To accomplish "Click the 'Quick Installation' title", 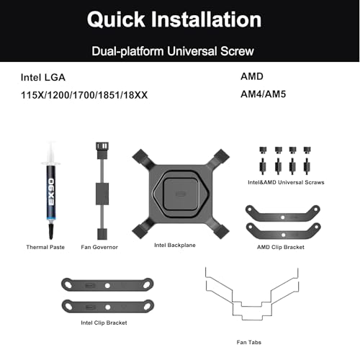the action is (174, 19).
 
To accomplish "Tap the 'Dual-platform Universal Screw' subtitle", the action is (173, 51).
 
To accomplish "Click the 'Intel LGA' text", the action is (43, 77).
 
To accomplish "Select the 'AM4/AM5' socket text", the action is (263, 94).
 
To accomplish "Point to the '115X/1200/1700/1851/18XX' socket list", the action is (84, 95).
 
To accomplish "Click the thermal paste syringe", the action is (51, 190).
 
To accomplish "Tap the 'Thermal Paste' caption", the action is (45, 247).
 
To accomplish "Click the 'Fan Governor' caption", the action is (99, 247).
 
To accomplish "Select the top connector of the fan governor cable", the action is (102, 150).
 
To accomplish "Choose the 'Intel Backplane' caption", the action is (175, 245).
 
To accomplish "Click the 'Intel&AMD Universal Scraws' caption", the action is (286, 182).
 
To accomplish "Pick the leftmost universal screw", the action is (263, 161).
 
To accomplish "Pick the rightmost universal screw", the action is (307, 161).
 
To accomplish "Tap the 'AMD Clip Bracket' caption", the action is (281, 247).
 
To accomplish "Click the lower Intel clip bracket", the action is (108, 307).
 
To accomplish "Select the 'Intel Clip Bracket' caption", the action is (104, 323).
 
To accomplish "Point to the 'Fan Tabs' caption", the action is (249, 342).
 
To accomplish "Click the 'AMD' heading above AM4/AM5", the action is (252, 76).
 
